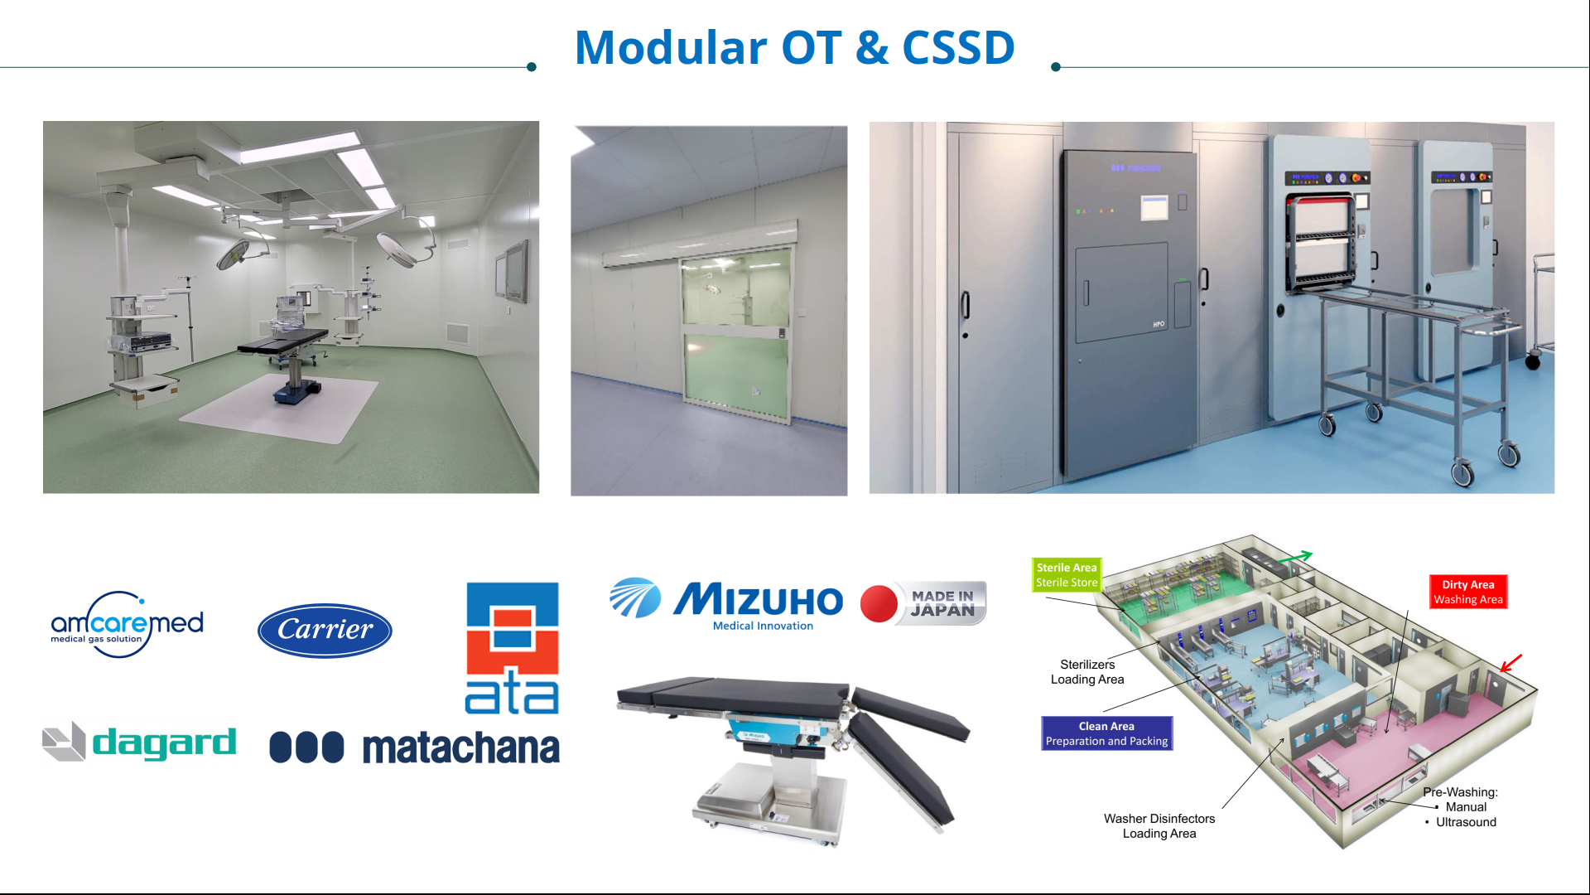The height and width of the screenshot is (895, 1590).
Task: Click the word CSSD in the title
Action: pos(958,47)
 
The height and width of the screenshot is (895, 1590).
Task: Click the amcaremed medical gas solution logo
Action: pos(127,624)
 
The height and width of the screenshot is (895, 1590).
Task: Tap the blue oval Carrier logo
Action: pos(325,631)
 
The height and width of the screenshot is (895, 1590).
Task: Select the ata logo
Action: pos(512,648)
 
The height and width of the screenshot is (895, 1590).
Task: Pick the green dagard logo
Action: pos(139,742)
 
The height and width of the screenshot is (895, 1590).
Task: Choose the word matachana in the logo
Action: pos(460,747)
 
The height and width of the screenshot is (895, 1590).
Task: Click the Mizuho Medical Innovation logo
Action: pos(726,603)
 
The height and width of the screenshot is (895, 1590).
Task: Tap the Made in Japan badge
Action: pos(923,602)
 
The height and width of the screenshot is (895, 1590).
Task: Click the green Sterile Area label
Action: pos(1067,575)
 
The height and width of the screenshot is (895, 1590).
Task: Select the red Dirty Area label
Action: pos(1468,592)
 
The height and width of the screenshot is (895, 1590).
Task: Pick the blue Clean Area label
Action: pos(1106,733)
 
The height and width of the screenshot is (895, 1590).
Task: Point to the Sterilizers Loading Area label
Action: pos(1087,672)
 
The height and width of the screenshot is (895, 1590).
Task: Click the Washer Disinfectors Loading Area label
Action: pos(1159,826)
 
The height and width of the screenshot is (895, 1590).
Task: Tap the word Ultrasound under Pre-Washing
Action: pos(1466,822)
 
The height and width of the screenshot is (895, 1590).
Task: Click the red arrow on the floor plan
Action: pos(1511,662)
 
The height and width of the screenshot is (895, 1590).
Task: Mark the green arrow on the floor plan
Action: pos(1294,558)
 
